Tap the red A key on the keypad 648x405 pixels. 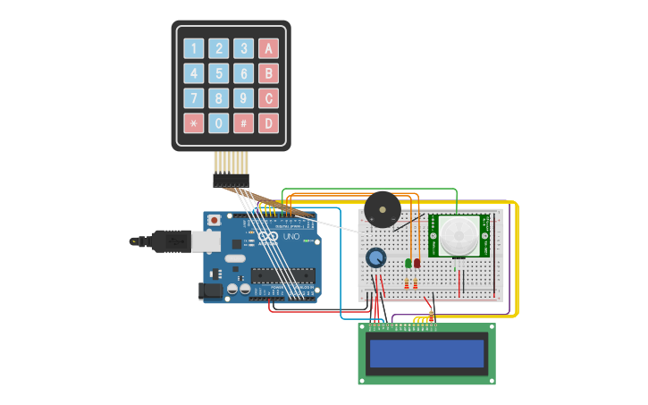point(268,48)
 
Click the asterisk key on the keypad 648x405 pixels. point(193,123)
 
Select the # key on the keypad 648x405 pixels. point(243,123)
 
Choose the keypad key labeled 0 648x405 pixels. point(218,123)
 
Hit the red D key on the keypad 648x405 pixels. point(268,123)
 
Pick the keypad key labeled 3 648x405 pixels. point(243,48)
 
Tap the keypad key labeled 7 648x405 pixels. point(193,98)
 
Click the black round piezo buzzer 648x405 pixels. point(383,210)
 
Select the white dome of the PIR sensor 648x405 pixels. point(459,236)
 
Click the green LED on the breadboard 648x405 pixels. point(408,262)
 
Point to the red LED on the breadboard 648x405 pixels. point(417,262)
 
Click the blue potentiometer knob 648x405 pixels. point(376,257)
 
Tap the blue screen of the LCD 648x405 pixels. point(427,353)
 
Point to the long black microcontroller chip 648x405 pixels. point(282,274)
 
